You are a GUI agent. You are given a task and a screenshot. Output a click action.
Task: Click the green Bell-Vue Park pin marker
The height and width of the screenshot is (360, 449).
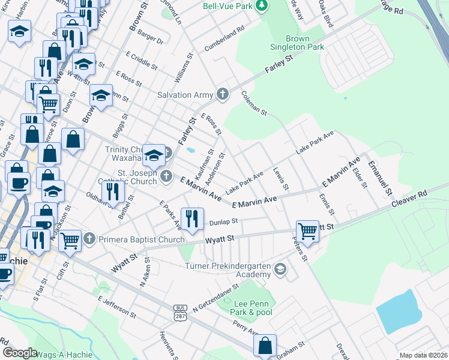point(261,6)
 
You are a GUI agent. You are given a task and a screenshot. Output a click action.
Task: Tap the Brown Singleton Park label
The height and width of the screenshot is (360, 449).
point(297,43)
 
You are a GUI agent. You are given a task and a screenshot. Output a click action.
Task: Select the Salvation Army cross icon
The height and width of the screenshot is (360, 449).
point(223,94)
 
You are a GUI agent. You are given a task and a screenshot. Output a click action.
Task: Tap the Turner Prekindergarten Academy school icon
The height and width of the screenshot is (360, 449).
point(280,270)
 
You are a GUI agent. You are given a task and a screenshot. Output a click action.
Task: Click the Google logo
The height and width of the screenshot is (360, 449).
point(20,352)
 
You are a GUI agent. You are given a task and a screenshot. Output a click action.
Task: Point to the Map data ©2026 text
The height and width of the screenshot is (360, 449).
point(423,355)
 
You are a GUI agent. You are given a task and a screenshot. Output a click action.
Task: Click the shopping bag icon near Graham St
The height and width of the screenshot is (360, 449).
point(265,346)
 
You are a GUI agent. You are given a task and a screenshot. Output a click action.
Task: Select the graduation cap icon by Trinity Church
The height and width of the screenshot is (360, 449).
point(154,156)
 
